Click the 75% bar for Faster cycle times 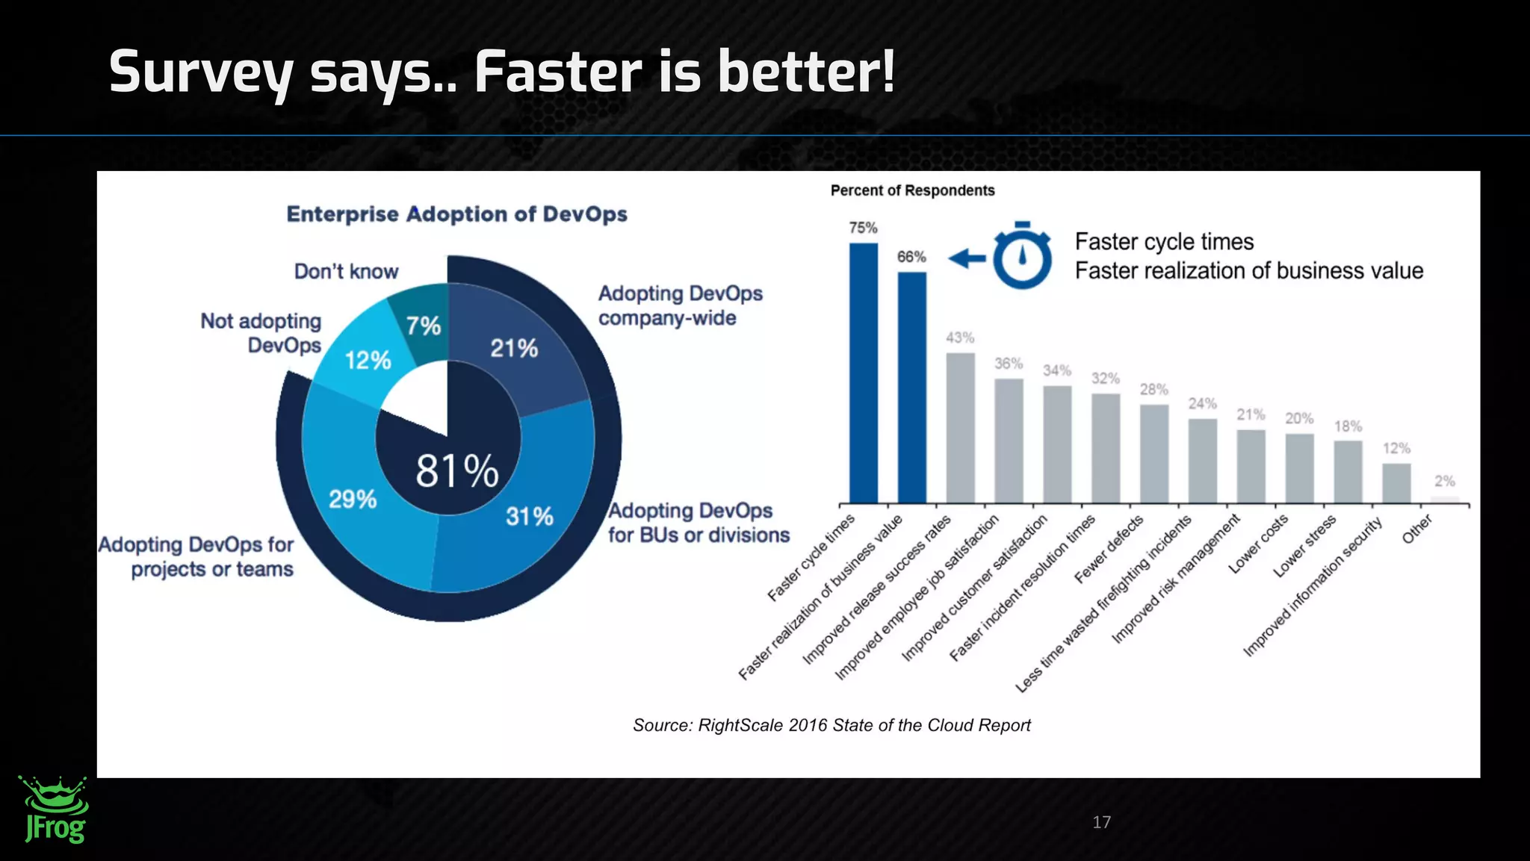864,373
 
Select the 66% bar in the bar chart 911,388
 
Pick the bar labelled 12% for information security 1396,483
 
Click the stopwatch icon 1022,255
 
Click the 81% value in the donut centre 456,472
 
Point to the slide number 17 1101,822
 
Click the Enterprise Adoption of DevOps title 456,214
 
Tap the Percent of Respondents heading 912,190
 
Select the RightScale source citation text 831,725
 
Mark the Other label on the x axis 1416,529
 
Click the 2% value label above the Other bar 1444,481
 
